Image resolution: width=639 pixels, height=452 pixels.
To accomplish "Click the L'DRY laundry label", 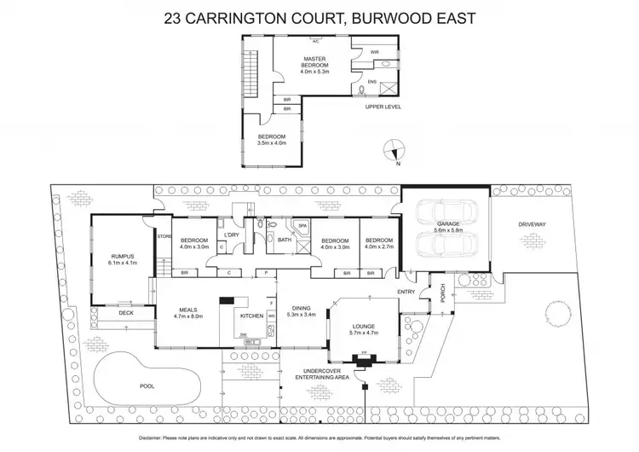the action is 230,235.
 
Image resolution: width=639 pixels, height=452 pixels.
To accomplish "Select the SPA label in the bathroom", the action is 302,227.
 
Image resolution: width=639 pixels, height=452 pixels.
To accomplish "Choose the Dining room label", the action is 303,309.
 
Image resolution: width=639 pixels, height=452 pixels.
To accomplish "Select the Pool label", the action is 147,385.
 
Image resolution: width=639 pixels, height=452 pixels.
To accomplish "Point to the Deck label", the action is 126,313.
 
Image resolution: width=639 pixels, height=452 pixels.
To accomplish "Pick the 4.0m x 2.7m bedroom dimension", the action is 379,246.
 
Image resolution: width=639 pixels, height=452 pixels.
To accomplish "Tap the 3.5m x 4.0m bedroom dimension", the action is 273,142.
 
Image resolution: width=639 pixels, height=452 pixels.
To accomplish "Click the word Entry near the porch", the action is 406,292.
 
